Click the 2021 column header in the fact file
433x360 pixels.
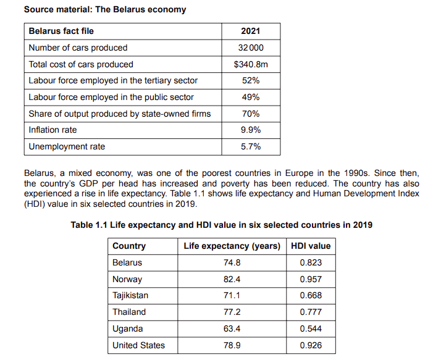[250, 31]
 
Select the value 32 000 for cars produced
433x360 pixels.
[250, 48]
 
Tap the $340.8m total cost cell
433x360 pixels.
[250, 64]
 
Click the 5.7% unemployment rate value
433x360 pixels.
[250, 147]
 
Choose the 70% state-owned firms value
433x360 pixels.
[250, 114]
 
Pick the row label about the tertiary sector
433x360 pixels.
[113, 81]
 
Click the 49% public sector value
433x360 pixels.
[250, 97]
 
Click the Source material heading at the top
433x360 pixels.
[104, 10]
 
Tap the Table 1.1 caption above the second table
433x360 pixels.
[221, 225]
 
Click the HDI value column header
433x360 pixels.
[310, 246]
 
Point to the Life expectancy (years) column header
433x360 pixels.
[232, 246]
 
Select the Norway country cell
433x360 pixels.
[127, 279]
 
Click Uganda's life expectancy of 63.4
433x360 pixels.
[232, 329]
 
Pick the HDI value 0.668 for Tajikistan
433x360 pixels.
[310, 296]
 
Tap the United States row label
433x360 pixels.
[138, 345]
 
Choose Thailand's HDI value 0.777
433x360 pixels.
[310, 312]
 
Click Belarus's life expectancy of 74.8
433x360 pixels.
[232, 262]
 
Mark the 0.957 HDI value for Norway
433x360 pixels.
[310, 279]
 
